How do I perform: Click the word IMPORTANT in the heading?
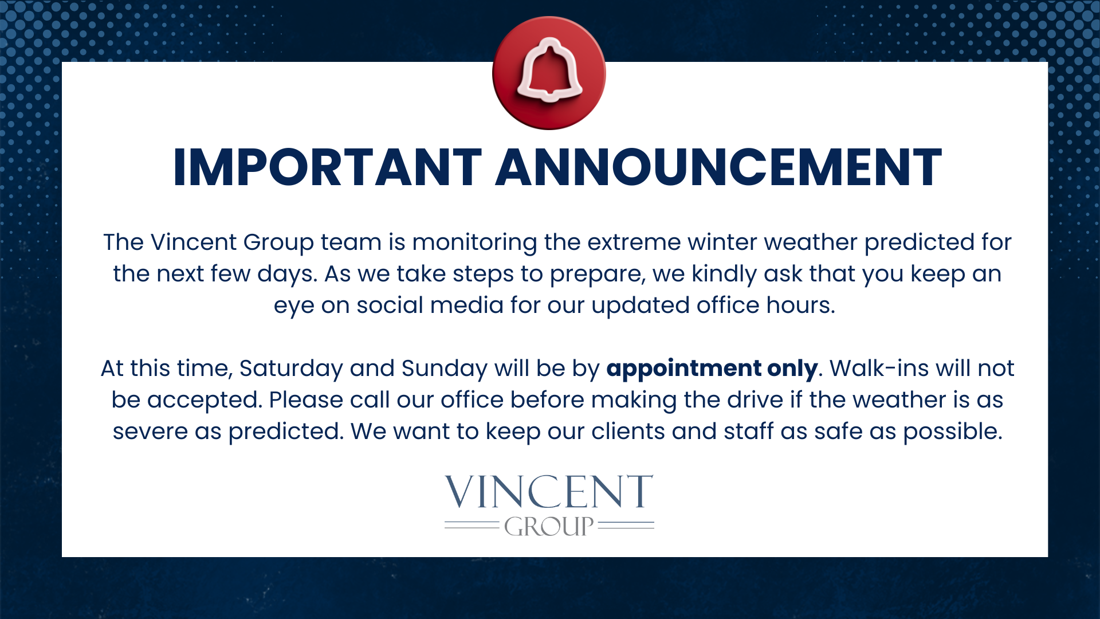(327, 167)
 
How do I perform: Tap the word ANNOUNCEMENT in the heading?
(718, 167)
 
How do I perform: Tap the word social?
(390, 305)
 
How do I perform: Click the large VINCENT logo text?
(549, 492)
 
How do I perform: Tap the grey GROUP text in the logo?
(549, 526)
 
